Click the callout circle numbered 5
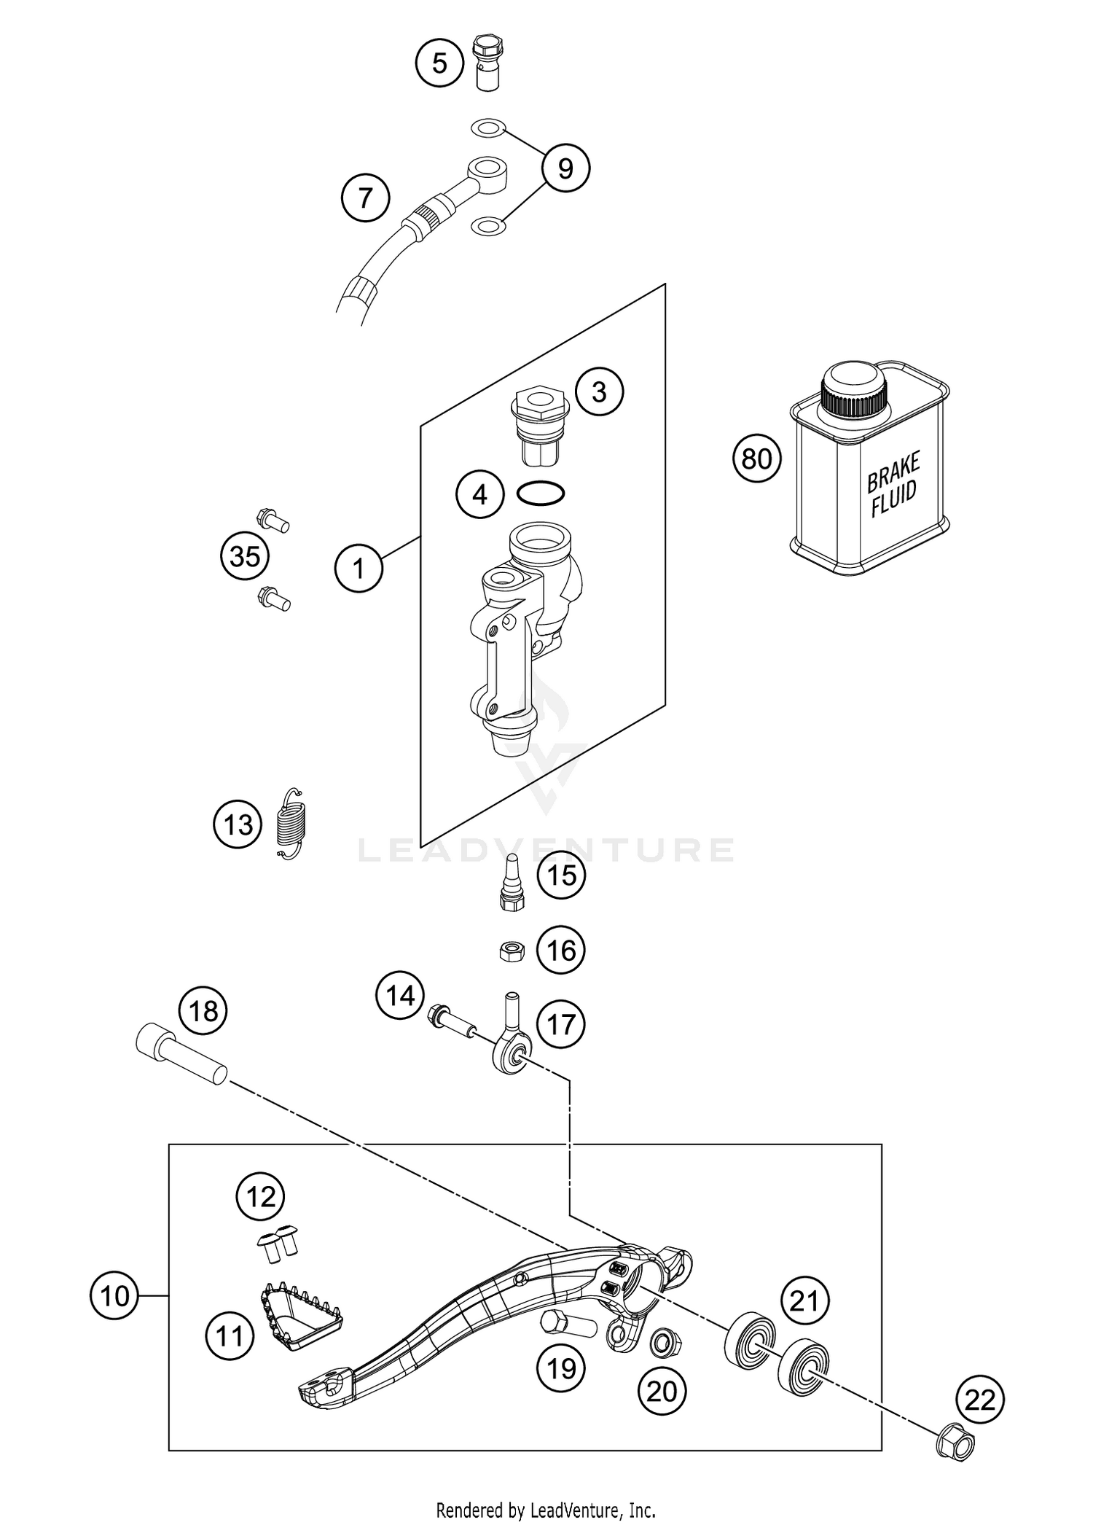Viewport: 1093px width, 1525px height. coord(439,63)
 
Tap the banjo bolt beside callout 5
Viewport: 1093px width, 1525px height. coord(485,61)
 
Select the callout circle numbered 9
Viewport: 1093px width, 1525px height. coord(565,169)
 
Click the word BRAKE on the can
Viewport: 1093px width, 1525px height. coord(893,472)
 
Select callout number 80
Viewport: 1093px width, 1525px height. coord(756,459)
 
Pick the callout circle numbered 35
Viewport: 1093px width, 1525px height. coord(245,557)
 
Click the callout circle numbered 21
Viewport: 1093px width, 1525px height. coord(804,1300)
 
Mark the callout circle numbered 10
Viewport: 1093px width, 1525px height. coord(114,1295)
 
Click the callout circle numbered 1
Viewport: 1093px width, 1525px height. coord(359,568)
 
